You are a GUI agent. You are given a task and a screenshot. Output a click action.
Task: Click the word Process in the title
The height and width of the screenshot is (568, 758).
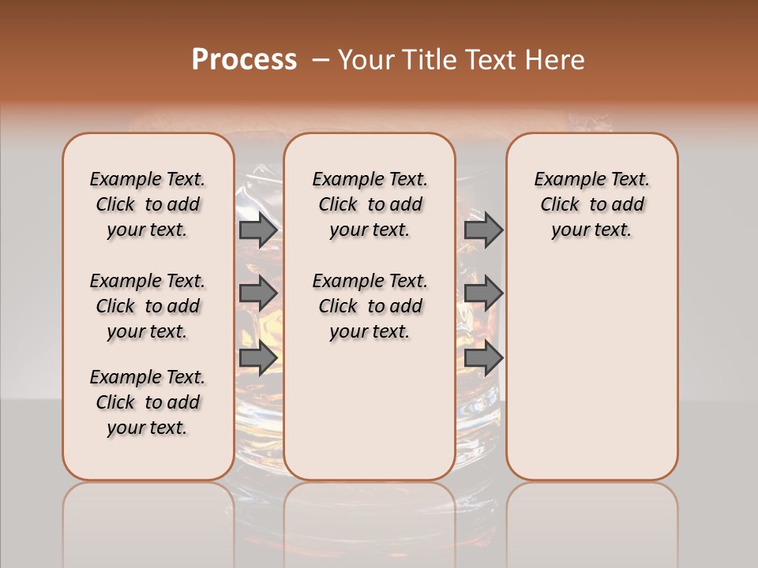(244, 60)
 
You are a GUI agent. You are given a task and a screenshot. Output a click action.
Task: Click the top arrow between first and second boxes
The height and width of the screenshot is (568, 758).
(257, 230)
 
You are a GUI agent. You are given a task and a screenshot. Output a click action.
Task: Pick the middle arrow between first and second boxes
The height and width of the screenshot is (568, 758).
(257, 293)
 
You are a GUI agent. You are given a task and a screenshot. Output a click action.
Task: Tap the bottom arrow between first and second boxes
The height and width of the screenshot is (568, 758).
(257, 357)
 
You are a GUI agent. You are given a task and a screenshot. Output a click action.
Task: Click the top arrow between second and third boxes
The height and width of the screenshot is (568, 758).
(482, 230)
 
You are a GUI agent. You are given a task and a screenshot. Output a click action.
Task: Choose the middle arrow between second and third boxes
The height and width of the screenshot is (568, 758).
(482, 293)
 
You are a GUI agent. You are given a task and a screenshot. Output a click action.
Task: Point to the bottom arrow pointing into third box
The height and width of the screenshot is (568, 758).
(482, 357)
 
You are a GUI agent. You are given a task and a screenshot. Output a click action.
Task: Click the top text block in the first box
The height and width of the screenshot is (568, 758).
(148, 204)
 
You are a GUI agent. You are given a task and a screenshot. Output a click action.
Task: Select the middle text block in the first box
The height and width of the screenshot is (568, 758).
(148, 306)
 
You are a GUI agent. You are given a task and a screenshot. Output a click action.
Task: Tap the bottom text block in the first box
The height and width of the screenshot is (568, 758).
(148, 402)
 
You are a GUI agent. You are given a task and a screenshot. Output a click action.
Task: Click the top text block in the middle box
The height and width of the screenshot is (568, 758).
(370, 204)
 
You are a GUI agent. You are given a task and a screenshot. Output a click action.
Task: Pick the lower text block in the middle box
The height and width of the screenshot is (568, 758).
(370, 306)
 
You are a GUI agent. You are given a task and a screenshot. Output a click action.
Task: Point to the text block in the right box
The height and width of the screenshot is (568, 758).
(592, 204)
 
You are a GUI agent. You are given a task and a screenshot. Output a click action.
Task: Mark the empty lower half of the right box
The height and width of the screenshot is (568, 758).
(592, 371)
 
